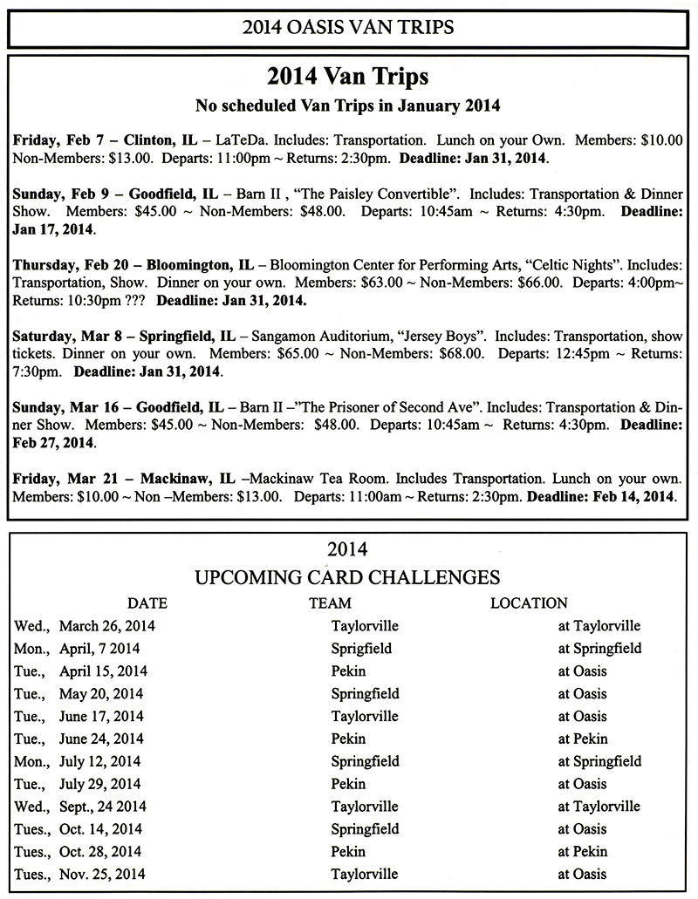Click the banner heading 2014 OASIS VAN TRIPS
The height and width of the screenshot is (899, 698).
[x=348, y=27]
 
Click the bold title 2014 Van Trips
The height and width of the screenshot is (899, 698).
[x=348, y=77]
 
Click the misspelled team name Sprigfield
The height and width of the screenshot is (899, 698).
[x=361, y=649]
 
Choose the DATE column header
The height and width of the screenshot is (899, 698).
[x=147, y=603]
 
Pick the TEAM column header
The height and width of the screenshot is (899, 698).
[x=330, y=603]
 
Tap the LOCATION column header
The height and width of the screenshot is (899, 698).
[x=529, y=603]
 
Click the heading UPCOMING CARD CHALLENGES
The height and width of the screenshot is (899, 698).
[x=349, y=576]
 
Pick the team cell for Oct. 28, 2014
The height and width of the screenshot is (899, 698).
[x=348, y=852]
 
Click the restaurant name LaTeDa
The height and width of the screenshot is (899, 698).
[x=243, y=140]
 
